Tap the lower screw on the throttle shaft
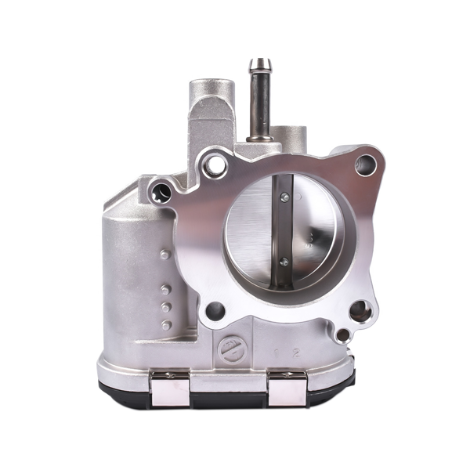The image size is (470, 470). pos(284,262)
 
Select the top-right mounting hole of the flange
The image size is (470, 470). pos(365,164)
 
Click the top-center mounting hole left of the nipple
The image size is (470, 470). pos(213,165)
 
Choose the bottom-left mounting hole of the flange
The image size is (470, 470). pos(214,312)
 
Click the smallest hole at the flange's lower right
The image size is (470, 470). pos(342,335)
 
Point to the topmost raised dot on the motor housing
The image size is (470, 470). pos(164,254)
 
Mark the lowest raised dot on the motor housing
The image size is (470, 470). pos(166,324)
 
